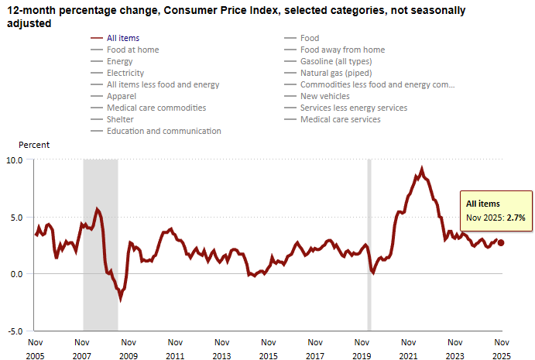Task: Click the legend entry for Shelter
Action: click(120, 119)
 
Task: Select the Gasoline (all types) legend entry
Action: click(336, 61)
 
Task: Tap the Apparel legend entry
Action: click(122, 96)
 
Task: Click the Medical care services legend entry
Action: click(340, 119)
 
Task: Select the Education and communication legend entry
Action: click(163, 131)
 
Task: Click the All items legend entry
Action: click(124, 38)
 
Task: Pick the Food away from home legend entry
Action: click(342, 50)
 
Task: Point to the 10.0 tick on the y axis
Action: click(16, 159)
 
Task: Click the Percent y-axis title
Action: click(34, 145)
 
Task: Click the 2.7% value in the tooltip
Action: click(516, 218)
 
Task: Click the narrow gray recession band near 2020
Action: click(369, 245)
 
